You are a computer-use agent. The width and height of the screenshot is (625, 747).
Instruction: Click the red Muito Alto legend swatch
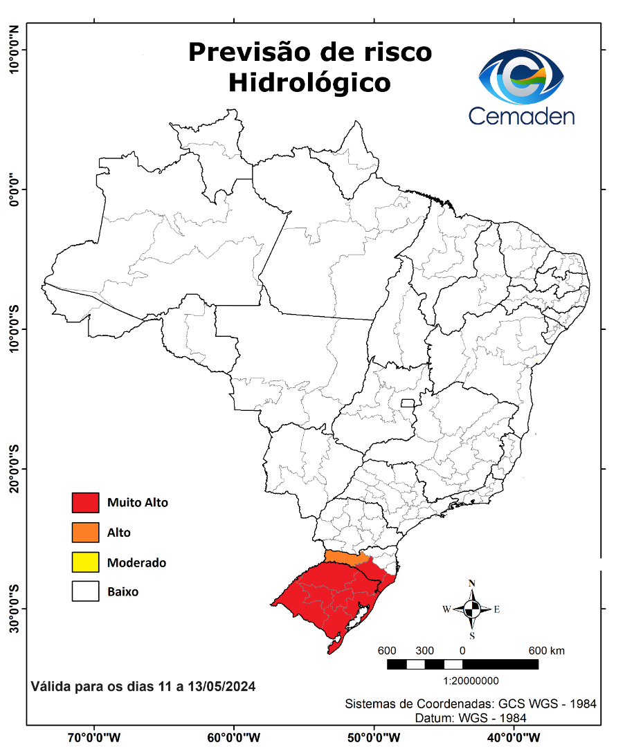pos(85,503)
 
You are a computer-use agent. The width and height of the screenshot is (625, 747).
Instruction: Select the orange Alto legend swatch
pos(85,533)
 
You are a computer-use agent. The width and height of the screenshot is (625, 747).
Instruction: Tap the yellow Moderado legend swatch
pos(85,562)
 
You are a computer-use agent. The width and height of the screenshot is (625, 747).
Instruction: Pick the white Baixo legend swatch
pos(85,592)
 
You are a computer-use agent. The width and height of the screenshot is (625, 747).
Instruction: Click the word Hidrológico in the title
pos(309,83)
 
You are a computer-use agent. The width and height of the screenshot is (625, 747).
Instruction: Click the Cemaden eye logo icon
pos(522,75)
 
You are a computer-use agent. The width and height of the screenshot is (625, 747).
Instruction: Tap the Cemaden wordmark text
pos(522,116)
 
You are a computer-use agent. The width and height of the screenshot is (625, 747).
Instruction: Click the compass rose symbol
pos(472,609)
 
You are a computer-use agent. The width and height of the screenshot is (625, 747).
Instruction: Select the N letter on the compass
pos(472,583)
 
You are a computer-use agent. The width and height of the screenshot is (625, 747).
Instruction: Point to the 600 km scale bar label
pos(547,651)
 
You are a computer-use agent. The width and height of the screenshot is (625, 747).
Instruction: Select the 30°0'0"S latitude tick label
pos(13,608)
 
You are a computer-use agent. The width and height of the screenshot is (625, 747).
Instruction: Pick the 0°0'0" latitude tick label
pos(13,189)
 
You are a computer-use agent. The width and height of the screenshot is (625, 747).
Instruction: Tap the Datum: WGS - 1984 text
pos(471,718)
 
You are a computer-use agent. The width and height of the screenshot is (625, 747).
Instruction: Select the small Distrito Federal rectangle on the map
pos(408,403)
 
